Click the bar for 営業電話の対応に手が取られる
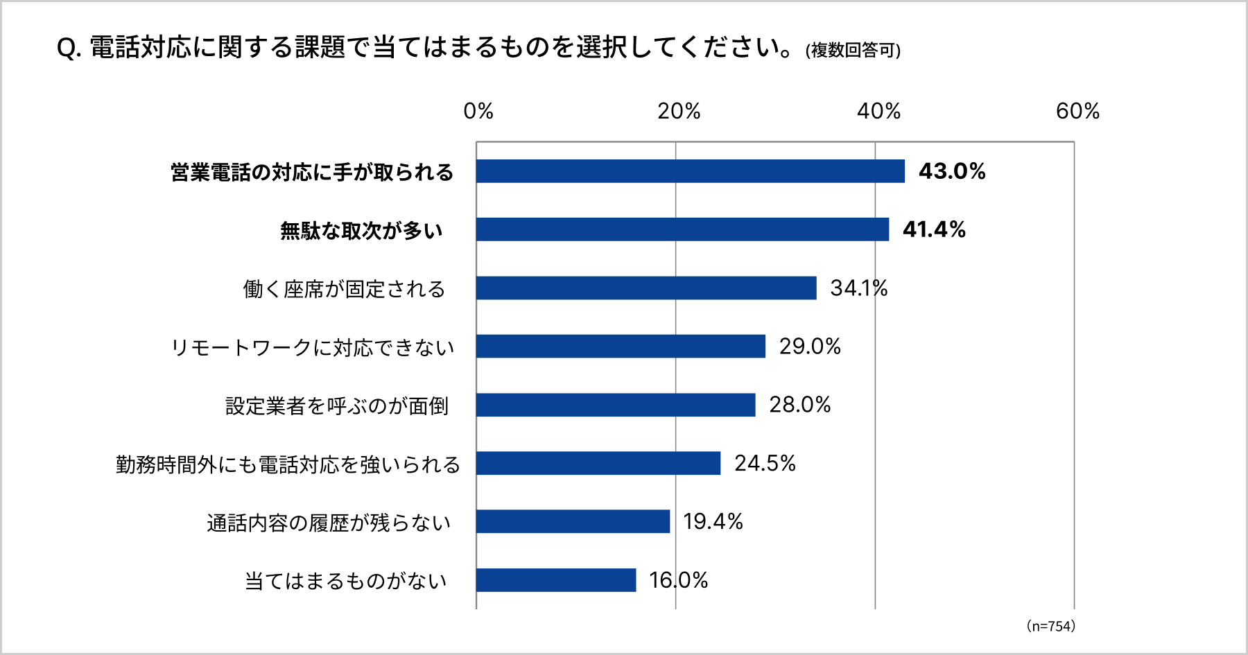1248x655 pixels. pos(690,171)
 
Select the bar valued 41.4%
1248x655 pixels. pos(682,229)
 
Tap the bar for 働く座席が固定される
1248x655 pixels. pos(646,288)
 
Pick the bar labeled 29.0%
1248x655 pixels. pos(621,346)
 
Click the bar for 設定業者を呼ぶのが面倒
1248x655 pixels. pos(616,405)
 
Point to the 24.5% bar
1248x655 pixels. pos(598,463)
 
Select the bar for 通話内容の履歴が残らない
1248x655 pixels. pos(573,521)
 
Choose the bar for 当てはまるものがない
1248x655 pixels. pos(556,580)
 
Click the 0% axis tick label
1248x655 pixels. pos(478,111)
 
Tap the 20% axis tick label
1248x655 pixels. pos(679,111)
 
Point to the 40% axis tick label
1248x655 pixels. pos(878,111)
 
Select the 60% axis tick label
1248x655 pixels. pos(1077,111)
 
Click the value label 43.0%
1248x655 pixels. pos(952,171)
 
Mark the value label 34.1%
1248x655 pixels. pos(859,288)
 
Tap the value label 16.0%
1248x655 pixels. pos(678,580)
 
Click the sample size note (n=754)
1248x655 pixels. pos(1050,627)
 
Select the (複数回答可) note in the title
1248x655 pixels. pos(853,51)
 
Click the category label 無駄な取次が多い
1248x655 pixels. pos(361,230)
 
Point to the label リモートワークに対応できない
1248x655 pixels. pos(313,347)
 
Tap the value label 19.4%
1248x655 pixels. pos(713,521)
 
